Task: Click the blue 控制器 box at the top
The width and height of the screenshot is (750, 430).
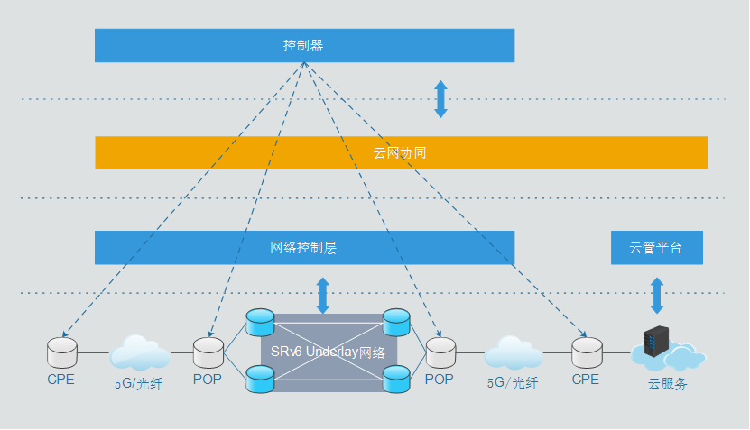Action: [x=304, y=45]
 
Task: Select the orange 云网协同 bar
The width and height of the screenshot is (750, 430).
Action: [x=401, y=152]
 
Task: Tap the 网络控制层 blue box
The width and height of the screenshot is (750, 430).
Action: [x=304, y=248]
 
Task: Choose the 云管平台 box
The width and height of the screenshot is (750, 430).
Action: [x=656, y=248]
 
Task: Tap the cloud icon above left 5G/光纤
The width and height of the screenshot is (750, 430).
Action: [x=139, y=352]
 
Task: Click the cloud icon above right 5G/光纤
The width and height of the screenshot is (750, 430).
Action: [x=514, y=352]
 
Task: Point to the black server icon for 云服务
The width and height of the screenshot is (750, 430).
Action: [x=654, y=344]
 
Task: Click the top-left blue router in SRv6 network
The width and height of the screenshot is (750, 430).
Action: [x=260, y=321]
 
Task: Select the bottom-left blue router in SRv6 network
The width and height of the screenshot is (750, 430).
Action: [x=260, y=380]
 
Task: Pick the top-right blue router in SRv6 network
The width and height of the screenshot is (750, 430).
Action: [x=396, y=321]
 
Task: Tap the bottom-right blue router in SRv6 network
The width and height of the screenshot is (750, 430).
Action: [x=396, y=380]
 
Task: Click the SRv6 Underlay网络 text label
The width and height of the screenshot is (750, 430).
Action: [x=328, y=352]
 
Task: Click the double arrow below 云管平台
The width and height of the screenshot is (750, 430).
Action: [x=657, y=296]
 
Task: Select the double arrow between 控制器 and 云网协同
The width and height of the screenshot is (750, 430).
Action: [x=440, y=99]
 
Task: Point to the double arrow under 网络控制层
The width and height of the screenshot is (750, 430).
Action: [x=322, y=296]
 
